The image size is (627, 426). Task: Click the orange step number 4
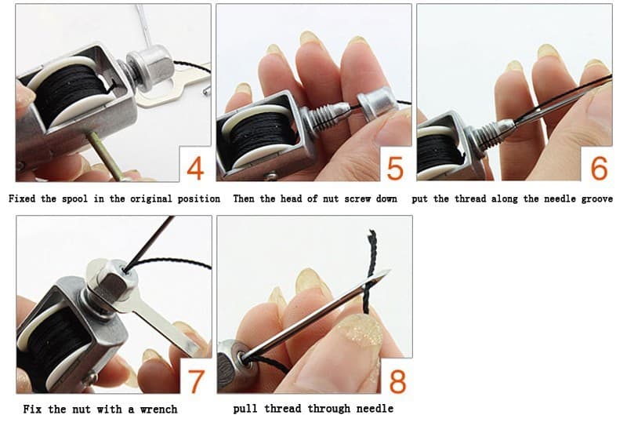click(195, 168)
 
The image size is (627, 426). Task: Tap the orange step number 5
click(395, 168)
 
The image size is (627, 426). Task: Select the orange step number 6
click(599, 168)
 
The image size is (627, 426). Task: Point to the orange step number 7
click(196, 380)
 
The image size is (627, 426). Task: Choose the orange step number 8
click(397, 380)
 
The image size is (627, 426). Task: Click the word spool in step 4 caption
click(75, 199)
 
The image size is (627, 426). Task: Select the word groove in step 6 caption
click(596, 199)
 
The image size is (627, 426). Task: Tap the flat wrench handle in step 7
click(167, 323)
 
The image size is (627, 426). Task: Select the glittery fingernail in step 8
click(359, 333)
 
